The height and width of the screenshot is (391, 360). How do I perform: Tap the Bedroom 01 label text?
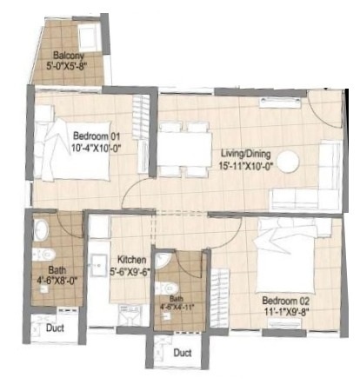point(96,136)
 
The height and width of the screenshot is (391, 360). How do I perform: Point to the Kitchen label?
point(132,259)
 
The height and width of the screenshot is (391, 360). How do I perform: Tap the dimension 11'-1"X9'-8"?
point(287,313)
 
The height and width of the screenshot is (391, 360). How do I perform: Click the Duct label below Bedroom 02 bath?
point(182,354)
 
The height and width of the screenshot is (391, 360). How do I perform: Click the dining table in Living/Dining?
point(184,149)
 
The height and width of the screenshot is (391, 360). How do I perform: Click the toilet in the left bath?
point(41,230)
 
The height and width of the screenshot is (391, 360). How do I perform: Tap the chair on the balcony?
point(87,37)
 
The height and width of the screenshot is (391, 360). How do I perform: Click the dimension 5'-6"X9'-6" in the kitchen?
point(133,270)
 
